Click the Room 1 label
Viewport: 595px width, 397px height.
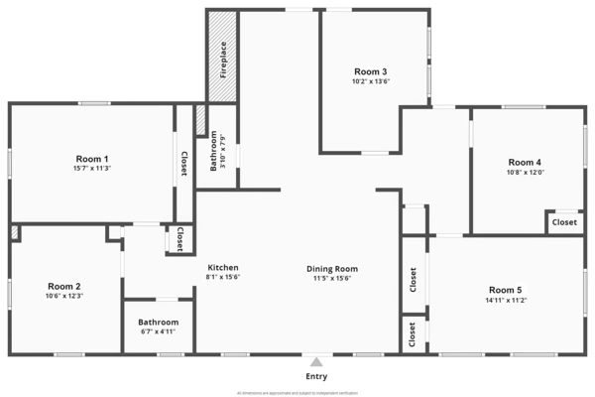tap(92, 159)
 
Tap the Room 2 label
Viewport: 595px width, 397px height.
tap(63, 286)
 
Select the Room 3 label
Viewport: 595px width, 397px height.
tap(370, 71)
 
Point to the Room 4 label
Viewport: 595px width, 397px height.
tap(525, 162)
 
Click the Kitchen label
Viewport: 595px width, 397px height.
tap(222, 268)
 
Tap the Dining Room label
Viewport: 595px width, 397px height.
tap(332, 268)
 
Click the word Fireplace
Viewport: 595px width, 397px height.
tap(224, 60)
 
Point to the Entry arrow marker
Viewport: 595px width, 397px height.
tap(316, 361)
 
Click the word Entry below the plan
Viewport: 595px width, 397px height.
tap(316, 377)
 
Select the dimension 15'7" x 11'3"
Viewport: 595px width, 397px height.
tap(92, 169)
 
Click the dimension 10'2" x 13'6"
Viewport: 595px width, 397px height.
tap(370, 81)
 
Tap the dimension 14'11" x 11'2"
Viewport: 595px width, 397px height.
tap(504, 300)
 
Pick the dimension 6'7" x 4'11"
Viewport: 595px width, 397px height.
tap(159, 331)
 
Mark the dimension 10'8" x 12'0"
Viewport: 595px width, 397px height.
tap(525, 172)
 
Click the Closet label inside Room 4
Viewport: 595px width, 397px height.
tap(564, 222)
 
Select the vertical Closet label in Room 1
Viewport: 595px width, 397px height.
tap(183, 164)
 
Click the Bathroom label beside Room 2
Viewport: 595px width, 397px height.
tap(159, 322)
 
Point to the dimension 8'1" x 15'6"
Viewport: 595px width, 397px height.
tap(222, 278)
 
